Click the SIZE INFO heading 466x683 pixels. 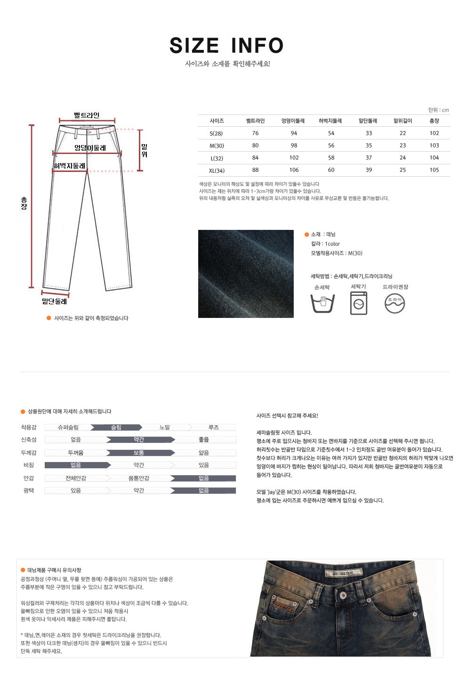coord(226,46)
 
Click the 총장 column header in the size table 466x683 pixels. coord(434,121)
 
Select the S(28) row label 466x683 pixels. coord(217,133)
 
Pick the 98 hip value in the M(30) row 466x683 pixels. coord(294,146)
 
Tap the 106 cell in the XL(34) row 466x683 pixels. coord(294,170)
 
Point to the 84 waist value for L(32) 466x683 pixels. coord(255,158)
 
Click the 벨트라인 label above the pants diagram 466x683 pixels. coord(87,115)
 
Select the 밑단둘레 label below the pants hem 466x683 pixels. coord(55,301)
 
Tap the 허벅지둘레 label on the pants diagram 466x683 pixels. coord(70,166)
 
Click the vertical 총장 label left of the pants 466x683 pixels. coord(24,203)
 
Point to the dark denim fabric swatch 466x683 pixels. coord(246,274)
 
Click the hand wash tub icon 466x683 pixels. coord(322,303)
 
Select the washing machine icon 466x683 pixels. coord(359,303)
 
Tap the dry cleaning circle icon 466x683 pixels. coord(395,303)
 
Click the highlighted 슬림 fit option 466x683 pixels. coord(116,428)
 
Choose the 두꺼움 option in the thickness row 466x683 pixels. coord(75,453)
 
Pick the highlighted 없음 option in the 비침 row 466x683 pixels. coord(76,465)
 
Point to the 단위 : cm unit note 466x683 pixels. coord(438,110)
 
